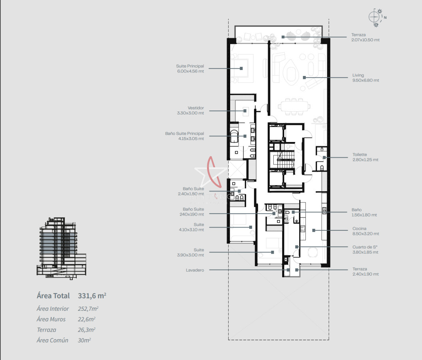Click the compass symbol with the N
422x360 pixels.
(377, 18)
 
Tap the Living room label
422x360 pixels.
(358, 75)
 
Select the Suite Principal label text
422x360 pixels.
(190, 66)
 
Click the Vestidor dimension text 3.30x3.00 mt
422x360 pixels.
(190, 113)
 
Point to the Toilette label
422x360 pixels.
(360, 154)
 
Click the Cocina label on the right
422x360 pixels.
(359, 228)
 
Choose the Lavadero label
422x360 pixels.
(195, 270)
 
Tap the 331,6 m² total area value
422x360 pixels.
(92, 296)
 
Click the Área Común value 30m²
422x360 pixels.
(84, 340)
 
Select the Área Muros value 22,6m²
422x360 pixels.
(87, 319)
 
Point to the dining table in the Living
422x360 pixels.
(294, 106)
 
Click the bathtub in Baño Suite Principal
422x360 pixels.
(234, 136)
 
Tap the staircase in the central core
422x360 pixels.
(286, 160)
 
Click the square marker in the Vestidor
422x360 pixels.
(245, 111)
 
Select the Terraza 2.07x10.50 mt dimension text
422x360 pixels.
(365, 40)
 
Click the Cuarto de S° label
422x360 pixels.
(365, 247)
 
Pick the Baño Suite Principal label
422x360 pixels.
(185, 133)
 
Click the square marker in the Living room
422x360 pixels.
(304, 78)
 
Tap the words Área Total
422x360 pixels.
(53, 296)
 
